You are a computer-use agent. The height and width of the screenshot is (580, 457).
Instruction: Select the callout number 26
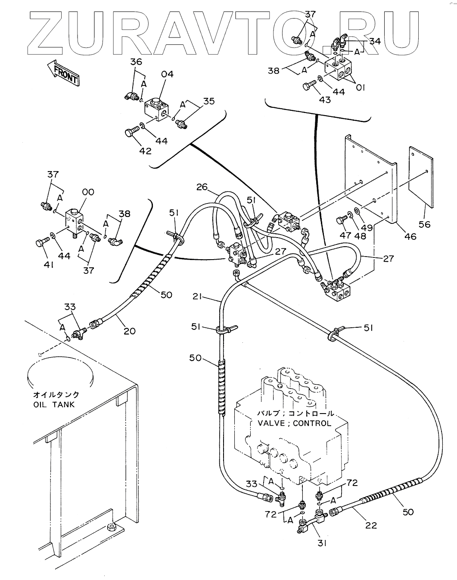(202, 188)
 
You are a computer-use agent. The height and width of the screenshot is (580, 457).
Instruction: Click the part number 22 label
(370, 525)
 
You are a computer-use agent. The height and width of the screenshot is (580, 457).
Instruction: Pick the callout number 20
(129, 331)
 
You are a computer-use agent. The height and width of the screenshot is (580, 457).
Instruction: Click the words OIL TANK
(54, 404)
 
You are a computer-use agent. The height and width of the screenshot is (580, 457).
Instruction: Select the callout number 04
(167, 74)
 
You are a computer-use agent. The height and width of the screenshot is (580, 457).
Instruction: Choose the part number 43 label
(325, 100)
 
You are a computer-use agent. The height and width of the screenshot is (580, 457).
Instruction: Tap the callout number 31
(322, 543)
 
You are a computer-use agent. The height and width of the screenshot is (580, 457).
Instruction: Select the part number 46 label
(410, 236)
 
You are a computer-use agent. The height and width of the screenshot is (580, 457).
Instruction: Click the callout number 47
(345, 235)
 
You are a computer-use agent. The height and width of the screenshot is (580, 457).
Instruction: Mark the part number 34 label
(375, 41)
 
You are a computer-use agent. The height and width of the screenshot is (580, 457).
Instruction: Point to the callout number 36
(136, 62)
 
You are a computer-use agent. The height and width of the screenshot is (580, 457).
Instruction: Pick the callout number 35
(209, 101)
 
